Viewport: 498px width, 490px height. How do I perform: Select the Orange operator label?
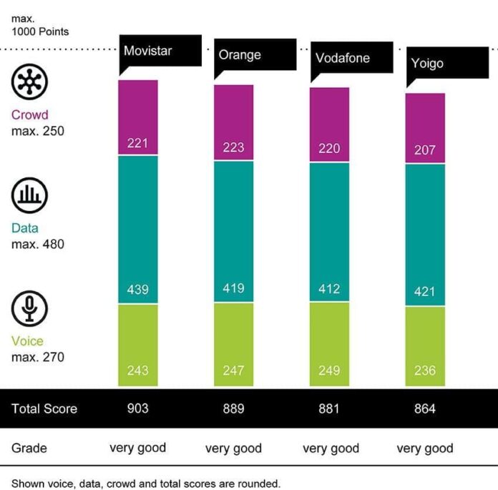click(240, 55)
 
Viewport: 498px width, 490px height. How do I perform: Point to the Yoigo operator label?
click(427, 63)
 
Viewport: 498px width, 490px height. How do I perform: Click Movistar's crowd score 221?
click(137, 144)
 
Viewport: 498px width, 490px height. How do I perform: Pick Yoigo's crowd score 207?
click(425, 151)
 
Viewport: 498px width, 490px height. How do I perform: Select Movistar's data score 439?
click(137, 290)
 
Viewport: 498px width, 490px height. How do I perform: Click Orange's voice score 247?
click(233, 370)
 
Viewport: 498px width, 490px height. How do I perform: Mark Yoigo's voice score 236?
click(425, 370)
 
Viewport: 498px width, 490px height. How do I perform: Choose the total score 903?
click(137, 408)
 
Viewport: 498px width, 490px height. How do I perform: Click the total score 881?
click(329, 408)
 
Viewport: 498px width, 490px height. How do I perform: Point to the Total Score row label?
click(44, 408)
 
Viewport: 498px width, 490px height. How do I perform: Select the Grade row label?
click(29, 448)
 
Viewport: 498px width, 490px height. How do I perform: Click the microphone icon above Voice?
click(29, 308)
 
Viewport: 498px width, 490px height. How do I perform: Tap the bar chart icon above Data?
click(29, 195)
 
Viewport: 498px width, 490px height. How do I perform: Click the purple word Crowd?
click(30, 114)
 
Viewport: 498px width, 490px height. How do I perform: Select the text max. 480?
click(38, 244)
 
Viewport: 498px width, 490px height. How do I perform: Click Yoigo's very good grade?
click(425, 449)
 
